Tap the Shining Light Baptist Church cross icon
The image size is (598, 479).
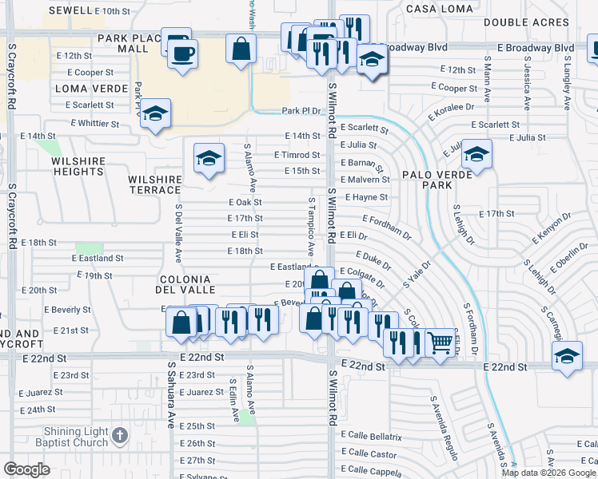coord(120,436)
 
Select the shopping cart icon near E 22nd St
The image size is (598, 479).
coord(439,342)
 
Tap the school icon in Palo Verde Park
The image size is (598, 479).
coord(476,156)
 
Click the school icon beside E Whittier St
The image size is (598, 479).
coord(155,113)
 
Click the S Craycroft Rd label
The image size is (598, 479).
coord(13,216)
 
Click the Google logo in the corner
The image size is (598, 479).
coord(26,469)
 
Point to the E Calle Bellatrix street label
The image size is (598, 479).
coord(373,437)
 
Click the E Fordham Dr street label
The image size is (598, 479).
coord(386,227)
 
